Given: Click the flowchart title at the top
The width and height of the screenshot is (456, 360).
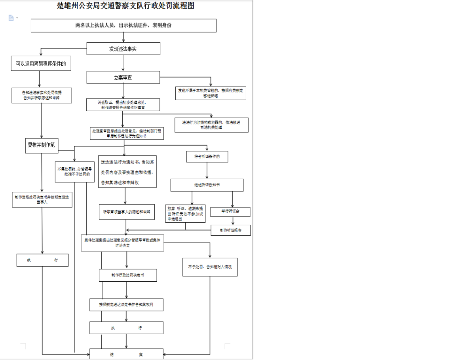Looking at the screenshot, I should coord(125,6).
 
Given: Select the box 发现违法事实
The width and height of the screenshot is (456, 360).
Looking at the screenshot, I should coord(123,49).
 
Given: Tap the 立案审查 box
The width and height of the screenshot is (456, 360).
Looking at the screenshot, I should coord(123,78).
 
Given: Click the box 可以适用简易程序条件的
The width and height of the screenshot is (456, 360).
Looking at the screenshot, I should coord(41,63).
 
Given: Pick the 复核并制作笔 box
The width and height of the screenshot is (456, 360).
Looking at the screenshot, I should coord(42,145).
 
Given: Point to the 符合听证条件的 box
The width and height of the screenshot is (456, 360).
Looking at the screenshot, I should coord(207,157).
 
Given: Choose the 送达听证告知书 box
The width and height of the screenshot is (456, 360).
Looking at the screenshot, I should coord(207,185).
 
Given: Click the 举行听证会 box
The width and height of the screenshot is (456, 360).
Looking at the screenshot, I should coord(230,212).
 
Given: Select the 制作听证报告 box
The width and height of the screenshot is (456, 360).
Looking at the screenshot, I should coord(231,230).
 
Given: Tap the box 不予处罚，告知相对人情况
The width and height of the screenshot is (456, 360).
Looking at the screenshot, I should coord(210,267).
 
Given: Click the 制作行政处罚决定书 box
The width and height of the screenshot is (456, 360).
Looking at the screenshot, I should coord(127,275).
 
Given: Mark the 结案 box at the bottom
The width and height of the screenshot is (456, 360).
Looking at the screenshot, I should coord(126,354).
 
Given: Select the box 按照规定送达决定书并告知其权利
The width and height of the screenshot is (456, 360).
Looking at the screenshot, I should coord(126,305).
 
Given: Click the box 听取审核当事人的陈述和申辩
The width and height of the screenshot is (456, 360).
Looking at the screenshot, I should coord(127,212).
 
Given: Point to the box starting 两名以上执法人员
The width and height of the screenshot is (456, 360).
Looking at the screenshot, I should coord(123,25).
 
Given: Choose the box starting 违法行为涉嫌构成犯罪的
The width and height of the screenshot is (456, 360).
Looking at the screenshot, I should coord(211,125).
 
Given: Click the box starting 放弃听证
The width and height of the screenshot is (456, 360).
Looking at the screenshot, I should coord(185,214).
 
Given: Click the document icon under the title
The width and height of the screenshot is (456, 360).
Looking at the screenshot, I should coord(11,18).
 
